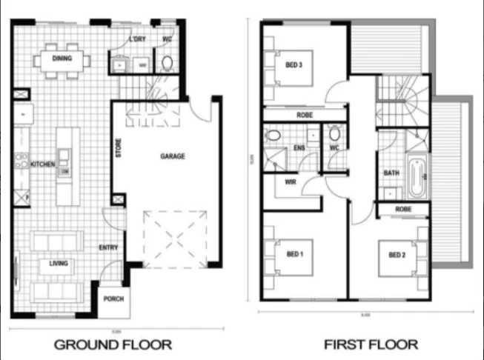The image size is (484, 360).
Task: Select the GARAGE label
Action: pyautogui.click(x=172, y=156)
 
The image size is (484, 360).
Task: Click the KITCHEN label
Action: pyautogui.click(x=42, y=164)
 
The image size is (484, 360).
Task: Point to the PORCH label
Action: pyautogui.click(x=113, y=299)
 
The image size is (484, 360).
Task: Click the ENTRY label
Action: pyautogui.click(x=110, y=248)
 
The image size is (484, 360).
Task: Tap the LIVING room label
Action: pyautogui.click(x=59, y=263)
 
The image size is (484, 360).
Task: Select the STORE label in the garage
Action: pyautogui.click(x=118, y=150)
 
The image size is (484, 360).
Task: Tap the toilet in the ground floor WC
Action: pyautogui.click(x=168, y=62)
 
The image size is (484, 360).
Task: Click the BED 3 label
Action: pyautogui.click(x=294, y=65)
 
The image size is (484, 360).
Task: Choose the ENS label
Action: pyautogui.click(x=299, y=148)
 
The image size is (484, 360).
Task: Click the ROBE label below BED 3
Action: pyautogui.click(x=304, y=116)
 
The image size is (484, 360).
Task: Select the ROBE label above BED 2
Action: pyautogui.click(x=403, y=210)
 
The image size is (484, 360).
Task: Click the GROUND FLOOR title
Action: pyautogui.click(x=113, y=344)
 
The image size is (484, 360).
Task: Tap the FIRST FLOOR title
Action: pyautogui.click(x=371, y=344)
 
